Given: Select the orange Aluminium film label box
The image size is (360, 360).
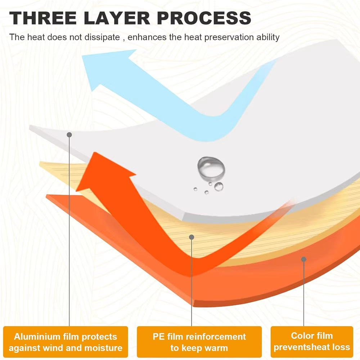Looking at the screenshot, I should [x=66, y=342].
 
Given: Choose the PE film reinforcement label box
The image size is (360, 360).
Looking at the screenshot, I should [x=199, y=342].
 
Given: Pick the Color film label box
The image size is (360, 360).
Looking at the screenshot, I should [x=312, y=342].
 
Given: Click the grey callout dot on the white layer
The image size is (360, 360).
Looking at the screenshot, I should [x=69, y=135].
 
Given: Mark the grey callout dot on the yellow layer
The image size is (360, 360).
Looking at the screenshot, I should [x=192, y=237].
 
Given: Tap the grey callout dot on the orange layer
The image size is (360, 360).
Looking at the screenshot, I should [x=304, y=259].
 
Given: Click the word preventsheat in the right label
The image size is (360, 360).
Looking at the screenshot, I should [x=298, y=347].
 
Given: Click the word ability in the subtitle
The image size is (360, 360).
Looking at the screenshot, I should [x=269, y=37].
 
